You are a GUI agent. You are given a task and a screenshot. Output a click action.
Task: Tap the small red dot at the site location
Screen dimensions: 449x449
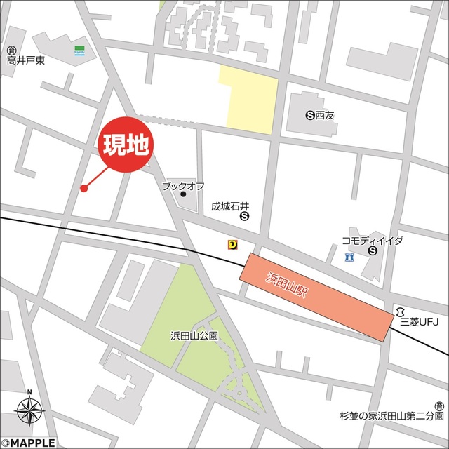[x=83, y=188]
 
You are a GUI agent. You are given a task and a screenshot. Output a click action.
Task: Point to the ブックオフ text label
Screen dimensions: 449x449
[x=183, y=186]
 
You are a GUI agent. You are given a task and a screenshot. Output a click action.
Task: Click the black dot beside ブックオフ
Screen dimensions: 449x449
[x=183, y=194]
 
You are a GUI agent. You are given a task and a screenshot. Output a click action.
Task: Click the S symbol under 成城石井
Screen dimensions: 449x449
[x=244, y=217]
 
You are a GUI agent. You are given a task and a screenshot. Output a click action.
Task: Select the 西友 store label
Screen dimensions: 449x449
[x=326, y=114]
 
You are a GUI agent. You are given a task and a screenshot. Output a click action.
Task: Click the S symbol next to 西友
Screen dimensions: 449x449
[x=310, y=114]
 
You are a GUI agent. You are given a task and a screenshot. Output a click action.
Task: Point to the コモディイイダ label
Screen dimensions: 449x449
[x=373, y=241]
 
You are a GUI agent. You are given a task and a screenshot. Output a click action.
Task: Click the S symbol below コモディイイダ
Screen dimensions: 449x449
[x=372, y=250]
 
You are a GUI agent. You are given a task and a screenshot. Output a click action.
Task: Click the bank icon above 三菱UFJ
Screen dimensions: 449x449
[x=400, y=311]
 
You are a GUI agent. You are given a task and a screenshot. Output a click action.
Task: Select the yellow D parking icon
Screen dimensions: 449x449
[x=232, y=244]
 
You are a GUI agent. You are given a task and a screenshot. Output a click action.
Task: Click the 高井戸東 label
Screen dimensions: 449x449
[x=26, y=61]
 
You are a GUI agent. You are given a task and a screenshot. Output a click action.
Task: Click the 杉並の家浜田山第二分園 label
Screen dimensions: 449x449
[x=389, y=416]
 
